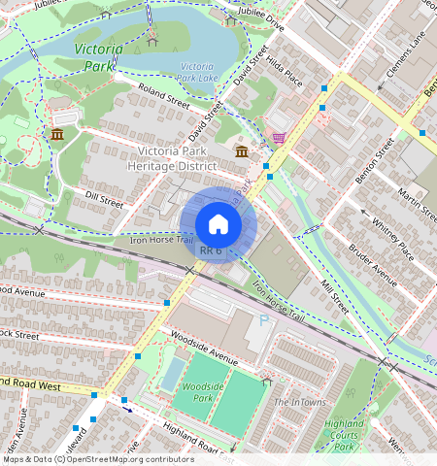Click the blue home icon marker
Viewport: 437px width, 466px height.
218,224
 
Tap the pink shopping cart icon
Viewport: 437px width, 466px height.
280,138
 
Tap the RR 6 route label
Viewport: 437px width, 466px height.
211,250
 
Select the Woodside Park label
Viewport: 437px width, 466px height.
198,392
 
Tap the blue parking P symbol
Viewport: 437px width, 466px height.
263,320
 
